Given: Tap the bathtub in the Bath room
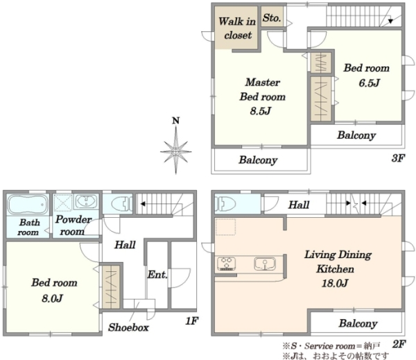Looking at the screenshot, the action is [28, 205].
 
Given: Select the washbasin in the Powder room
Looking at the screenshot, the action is [86, 202].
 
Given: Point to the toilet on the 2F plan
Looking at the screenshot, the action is [225, 205].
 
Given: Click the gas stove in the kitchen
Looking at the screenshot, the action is [226, 264].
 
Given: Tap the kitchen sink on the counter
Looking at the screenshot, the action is [265, 264].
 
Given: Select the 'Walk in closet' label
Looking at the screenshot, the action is [237, 28].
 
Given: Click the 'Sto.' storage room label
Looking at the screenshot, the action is [272, 18].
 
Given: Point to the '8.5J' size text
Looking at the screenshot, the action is [261, 111].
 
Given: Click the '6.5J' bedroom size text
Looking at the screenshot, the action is [369, 83].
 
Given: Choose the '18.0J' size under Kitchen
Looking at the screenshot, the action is [335, 283].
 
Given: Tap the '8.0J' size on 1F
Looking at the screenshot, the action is [52, 298].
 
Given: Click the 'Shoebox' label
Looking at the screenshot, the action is [128, 327].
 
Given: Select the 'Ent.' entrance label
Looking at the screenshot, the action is [157, 275].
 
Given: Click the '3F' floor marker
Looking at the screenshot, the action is [398, 158].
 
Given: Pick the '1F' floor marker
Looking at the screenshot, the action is [191, 321].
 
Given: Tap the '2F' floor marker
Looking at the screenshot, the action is [399, 344].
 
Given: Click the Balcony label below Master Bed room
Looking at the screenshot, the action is [258, 160].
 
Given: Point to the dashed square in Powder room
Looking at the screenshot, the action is [63, 203].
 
